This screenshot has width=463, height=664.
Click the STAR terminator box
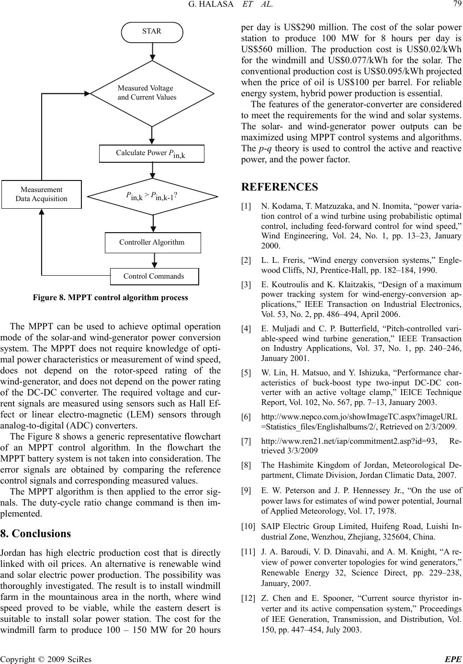point(152,32)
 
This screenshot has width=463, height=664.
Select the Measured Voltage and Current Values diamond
point(152,93)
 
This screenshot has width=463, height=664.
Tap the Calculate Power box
point(151,153)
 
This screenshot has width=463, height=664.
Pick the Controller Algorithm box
point(152,242)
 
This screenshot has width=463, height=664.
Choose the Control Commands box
point(154,276)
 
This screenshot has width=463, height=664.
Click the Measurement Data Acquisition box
point(42,194)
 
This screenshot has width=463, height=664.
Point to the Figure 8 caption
point(111,298)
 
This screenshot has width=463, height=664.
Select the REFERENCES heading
point(280,187)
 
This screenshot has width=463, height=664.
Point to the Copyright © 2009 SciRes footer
point(46,659)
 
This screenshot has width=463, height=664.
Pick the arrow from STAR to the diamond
point(152,51)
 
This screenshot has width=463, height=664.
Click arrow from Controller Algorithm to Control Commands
point(154,260)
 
